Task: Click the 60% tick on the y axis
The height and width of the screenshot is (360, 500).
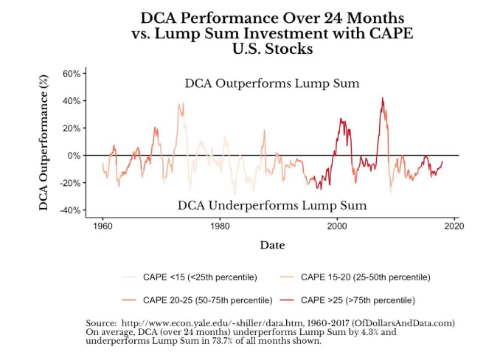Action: tap(71, 74)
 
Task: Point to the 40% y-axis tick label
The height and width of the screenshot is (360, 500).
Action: tap(71, 101)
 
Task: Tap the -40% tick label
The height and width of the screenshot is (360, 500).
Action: tap(69, 210)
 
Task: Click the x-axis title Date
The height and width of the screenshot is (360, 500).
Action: tap(272, 245)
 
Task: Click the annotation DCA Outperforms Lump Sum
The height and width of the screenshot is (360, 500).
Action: tap(272, 83)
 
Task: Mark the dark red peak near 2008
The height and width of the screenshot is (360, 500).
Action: tap(382, 98)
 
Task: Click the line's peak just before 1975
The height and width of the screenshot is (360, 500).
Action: tap(179, 104)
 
